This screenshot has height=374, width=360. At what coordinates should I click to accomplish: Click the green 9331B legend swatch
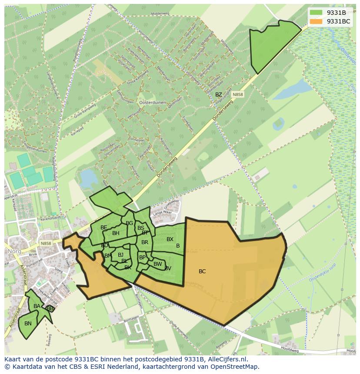coord(316,13)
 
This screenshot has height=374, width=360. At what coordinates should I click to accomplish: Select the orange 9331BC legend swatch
coord(316,21)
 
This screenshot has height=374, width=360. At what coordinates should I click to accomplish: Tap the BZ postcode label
coord(218,95)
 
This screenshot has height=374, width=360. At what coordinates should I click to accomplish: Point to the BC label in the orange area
coord(202,271)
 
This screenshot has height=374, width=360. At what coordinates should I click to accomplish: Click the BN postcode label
coord(28,324)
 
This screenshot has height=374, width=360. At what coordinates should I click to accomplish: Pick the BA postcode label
coord(37,306)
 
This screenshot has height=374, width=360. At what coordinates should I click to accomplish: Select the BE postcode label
coord(103,228)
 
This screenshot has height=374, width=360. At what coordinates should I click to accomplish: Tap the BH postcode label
coord(116,233)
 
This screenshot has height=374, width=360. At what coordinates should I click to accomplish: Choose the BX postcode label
coord(170,239)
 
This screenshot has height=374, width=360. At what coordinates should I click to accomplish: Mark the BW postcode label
coord(157,264)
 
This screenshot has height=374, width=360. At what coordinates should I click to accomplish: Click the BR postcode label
coord(145,242)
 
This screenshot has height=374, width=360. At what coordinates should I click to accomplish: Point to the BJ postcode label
coord(120,255)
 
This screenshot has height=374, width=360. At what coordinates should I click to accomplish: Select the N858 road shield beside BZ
coord(237,94)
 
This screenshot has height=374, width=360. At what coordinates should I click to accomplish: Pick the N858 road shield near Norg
coord(45,244)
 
